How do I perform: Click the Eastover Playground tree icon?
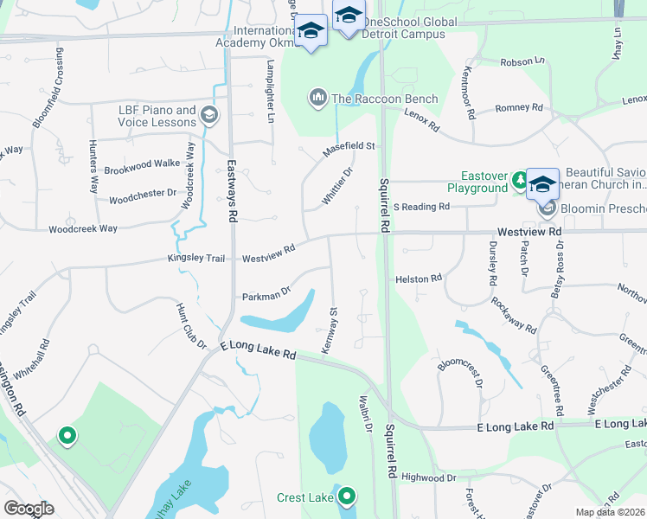(520, 180)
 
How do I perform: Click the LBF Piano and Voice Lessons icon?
(208, 115)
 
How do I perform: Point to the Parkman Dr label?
(265, 296)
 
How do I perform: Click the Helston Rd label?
(419, 279)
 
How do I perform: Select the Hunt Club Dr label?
(191, 325)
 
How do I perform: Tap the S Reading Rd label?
(421, 207)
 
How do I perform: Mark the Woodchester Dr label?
(143, 196)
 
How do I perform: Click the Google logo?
(29, 508)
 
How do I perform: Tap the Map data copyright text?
(611, 512)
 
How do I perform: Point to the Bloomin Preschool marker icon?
(547, 208)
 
